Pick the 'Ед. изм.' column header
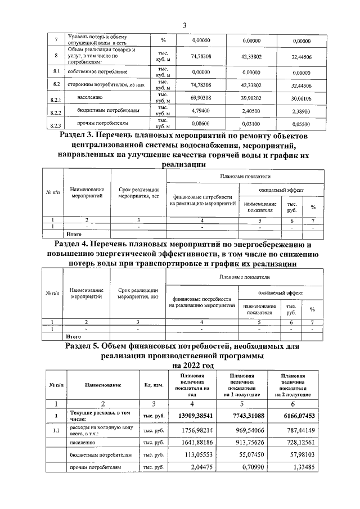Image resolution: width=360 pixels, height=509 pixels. [154, 386]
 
